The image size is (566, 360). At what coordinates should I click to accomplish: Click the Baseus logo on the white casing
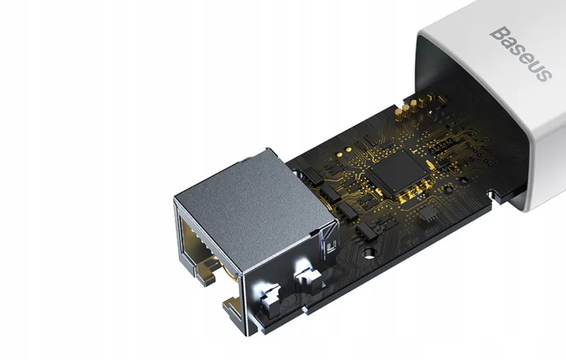[x=521, y=54]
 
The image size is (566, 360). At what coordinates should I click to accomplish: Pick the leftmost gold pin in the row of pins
[x=399, y=114]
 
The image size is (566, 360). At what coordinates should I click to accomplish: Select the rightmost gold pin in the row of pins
[x=432, y=98]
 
